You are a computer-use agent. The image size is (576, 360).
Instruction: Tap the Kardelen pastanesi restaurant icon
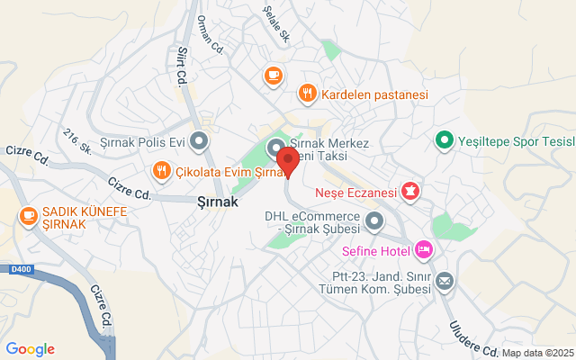(x=307, y=93)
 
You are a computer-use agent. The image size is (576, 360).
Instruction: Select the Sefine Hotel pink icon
(x=424, y=248)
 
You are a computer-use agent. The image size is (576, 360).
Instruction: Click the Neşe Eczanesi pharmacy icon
(x=410, y=191)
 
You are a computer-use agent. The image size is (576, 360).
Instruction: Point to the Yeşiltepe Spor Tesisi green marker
(x=443, y=140)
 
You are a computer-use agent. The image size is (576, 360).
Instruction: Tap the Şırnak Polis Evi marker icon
(x=200, y=140)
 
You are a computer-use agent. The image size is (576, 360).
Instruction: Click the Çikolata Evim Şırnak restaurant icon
(x=161, y=170)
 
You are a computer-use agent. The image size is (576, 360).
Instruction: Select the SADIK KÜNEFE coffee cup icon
(x=29, y=215)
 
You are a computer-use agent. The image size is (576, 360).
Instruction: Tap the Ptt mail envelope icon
(x=444, y=283)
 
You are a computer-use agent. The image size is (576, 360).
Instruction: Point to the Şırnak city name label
(x=217, y=202)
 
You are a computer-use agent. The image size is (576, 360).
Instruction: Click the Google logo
(x=30, y=349)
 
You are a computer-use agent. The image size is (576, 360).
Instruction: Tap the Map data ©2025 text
(x=536, y=353)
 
